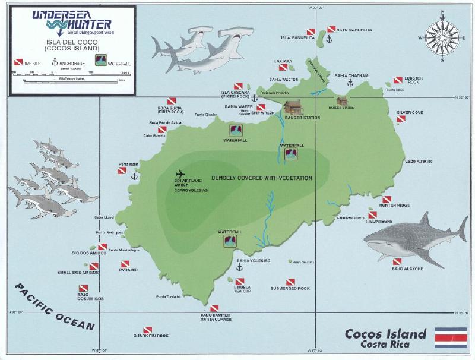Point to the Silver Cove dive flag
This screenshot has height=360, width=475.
[x=401, y=119]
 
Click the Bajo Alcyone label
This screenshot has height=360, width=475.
[x=407, y=269]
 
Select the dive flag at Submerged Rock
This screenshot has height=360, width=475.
[x=290, y=282]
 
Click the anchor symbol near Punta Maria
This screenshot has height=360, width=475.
[x=135, y=176]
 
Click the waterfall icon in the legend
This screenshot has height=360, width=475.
[x=102, y=60]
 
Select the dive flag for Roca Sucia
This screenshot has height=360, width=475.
[x=171, y=102]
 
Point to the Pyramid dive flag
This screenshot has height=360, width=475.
[x=125, y=264]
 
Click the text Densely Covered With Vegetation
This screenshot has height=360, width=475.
[x=272, y=178]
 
